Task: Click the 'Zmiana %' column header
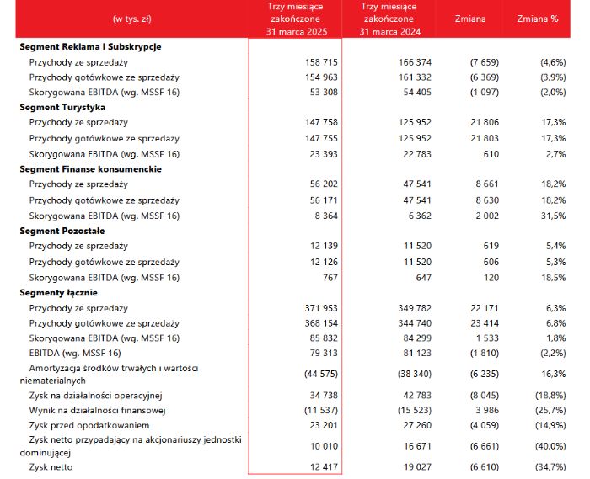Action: tap(538, 19)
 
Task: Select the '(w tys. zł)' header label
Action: tap(131, 19)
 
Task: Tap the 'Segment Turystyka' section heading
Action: tap(62, 108)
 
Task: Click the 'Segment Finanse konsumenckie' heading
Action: tap(91, 169)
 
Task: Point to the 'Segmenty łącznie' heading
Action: tap(59, 293)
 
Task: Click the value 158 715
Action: tap(321, 62)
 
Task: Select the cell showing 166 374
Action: tap(415, 62)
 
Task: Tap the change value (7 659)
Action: tap(485, 62)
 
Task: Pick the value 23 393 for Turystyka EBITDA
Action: tap(324, 154)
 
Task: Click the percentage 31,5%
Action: tap(554, 216)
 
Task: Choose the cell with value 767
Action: tap(330, 278)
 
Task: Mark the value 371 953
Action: tap(321, 308)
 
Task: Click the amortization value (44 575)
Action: tap(321, 374)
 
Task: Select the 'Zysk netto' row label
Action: tap(51, 467)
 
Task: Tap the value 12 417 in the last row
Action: tap(324, 467)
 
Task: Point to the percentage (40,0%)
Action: tap(550, 446)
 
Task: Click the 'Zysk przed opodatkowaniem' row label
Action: tap(89, 425)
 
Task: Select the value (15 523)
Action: tap(415, 410)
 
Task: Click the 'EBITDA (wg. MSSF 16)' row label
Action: tap(75, 353)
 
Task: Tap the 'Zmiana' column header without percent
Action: tap(470, 19)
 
